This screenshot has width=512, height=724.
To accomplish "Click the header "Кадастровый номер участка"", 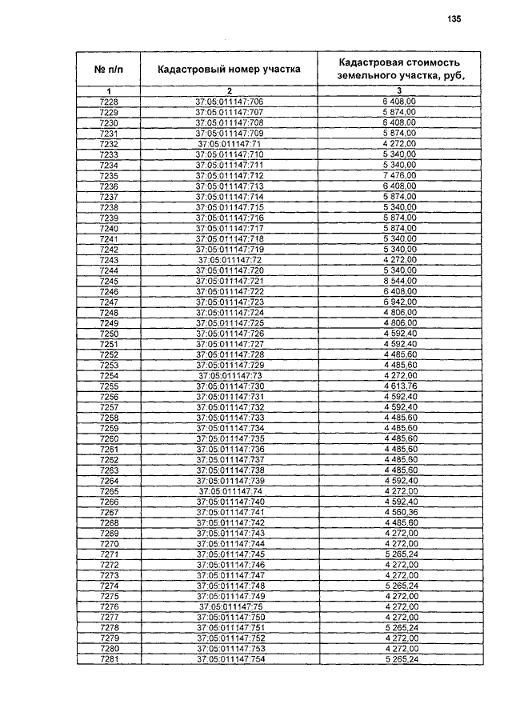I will click(229, 69).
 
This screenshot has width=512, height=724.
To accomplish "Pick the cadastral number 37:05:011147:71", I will click(229, 143).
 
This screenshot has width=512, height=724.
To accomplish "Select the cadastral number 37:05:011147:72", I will click(229, 261).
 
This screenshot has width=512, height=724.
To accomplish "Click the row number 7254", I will click(109, 375).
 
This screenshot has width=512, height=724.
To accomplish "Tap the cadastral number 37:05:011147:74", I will click(229, 490).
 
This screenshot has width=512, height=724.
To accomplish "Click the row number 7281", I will click(109, 659).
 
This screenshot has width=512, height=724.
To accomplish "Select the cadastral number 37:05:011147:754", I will click(229, 659).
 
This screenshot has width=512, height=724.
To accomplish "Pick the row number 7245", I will click(109, 282).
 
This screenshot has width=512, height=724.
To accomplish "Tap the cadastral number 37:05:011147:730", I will click(229, 386).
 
